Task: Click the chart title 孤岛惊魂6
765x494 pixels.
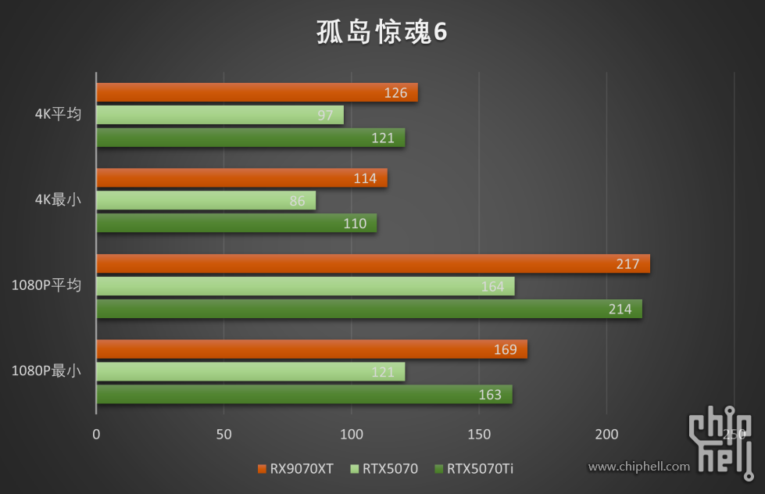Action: (381, 32)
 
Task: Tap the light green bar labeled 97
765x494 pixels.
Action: (219, 116)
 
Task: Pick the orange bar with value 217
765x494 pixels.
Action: (373, 264)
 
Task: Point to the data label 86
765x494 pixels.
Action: (297, 201)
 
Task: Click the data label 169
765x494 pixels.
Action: (505, 349)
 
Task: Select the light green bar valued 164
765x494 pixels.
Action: (305, 286)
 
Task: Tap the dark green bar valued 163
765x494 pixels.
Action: (304, 395)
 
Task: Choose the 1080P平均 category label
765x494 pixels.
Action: (46, 285)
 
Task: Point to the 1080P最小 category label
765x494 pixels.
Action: (46, 371)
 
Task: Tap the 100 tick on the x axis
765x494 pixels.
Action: (352, 434)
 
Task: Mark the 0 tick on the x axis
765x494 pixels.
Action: (96, 434)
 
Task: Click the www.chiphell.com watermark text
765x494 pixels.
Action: (639, 467)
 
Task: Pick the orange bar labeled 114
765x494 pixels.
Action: (241, 178)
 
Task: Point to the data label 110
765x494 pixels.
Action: (355, 224)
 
